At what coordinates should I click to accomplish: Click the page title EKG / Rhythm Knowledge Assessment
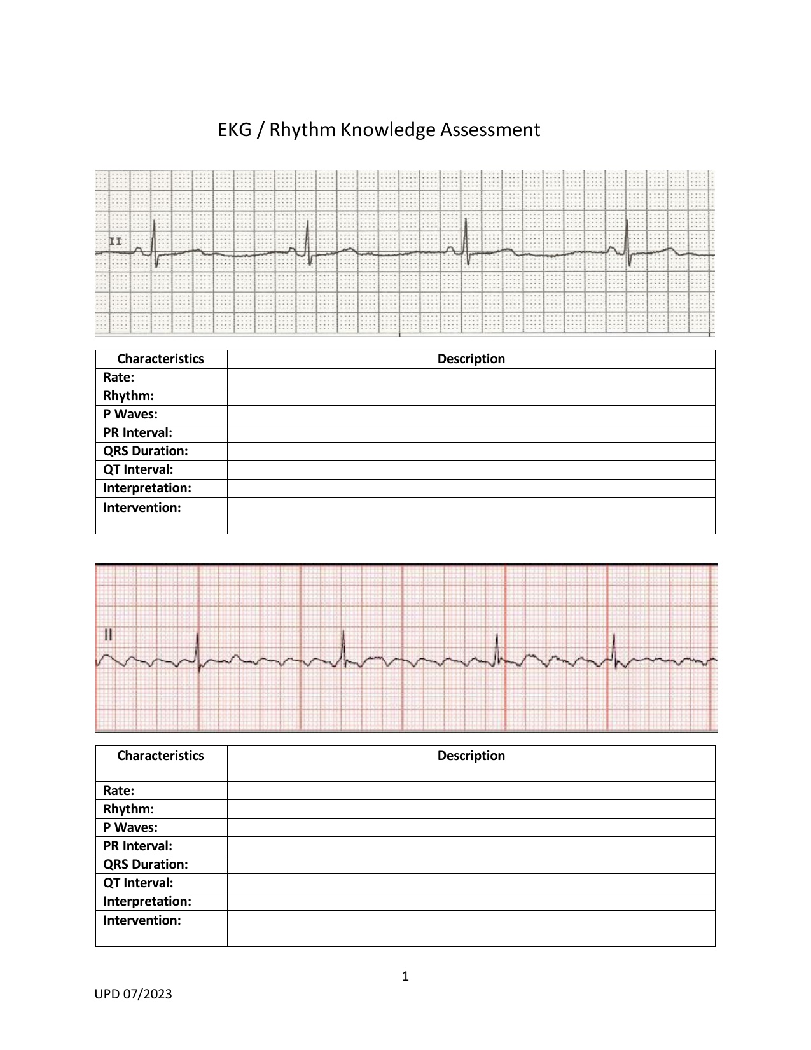pyautogui.click(x=378, y=130)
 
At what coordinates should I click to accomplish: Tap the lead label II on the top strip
pyautogui.click(x=116, y=242)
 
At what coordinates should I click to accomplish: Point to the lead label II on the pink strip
pyautogui.click(x=107, y=634)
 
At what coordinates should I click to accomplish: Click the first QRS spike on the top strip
pyautogui.click(x=155, y=238)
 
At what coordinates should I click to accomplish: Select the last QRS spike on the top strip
pyautogui.click(x=627, y=238)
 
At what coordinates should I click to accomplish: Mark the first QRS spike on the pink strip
pyautogui.click(x=198, y=649)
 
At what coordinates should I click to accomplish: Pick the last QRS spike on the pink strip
pyautogui.click(x=614, y=649)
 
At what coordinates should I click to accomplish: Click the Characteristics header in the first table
pyautogui.click(x=160, y=359)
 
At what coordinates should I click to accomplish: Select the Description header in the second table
pyautogui.click(x=471, y=756)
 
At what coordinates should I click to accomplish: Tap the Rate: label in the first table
pyautogui.click(x=119, y=377)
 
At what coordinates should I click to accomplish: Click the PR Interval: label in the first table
pyautogui.click(x=137, y=432)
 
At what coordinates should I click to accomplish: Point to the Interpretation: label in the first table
pyautogui.click(x=147, y=488)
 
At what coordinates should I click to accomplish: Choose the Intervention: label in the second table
pyautogui.click(x=142, y=920)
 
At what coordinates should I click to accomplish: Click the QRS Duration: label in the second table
pyautogui.click(x=146, y=864)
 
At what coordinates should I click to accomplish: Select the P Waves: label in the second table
pyautogui.click(x=130, y=827)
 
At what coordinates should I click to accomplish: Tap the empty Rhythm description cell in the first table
pyautogui.click(x=471, y=396)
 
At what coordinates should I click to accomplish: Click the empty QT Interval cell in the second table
pyautogui.click(x=471, y=883)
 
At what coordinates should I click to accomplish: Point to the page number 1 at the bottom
pyautogui.click(x=405, y=976)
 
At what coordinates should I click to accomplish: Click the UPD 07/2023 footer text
pyautogui.click(x=133, y=994)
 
